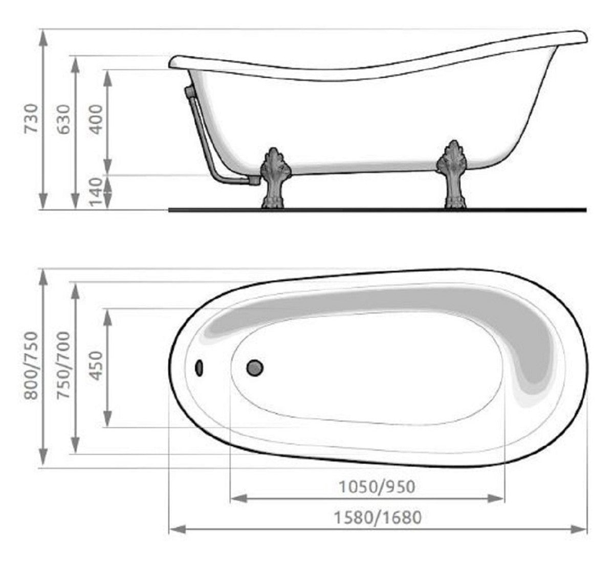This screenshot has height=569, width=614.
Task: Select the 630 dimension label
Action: pyautogui.click(x=63, y=119)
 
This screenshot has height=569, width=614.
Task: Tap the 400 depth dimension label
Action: pyautogui.click(x=96, y=119)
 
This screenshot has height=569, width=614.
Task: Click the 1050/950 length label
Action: pyautogui.click(x=377, y=486)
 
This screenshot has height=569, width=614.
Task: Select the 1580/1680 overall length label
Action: pyautogui.click(x=378, y=517)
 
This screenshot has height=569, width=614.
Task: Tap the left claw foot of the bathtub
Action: pyautogui.click(x=275, y=177)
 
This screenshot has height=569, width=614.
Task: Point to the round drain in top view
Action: pyautogui.click(x=255, y=367)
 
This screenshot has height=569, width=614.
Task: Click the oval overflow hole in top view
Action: pyautogui.click(x=200, y=367)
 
